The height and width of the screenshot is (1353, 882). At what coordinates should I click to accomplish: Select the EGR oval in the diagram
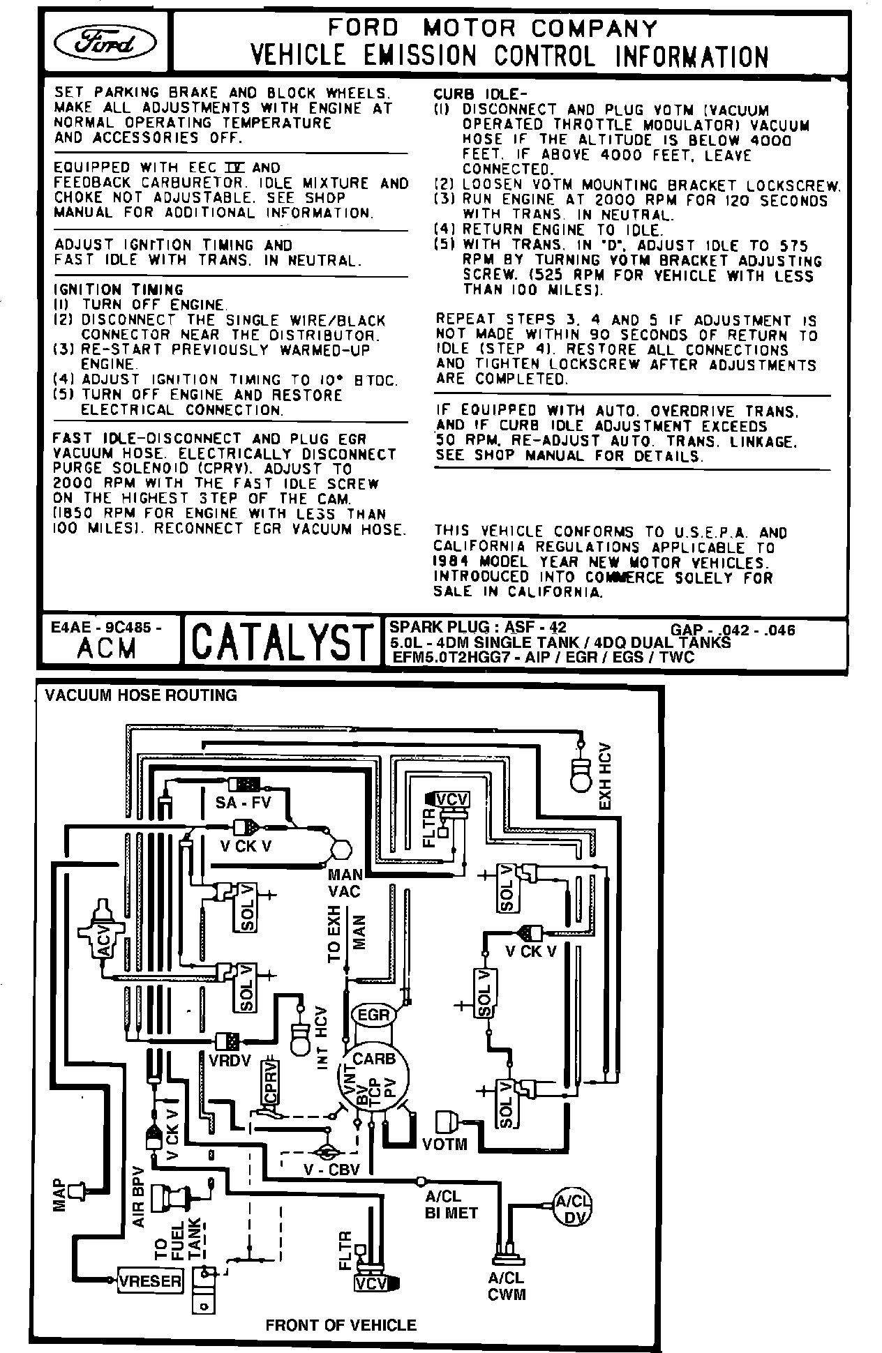[x=373, y=1014]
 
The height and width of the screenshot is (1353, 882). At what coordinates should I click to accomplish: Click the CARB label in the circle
[x=374, y=1058]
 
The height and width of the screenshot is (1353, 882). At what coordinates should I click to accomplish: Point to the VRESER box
[x=150, y=1280]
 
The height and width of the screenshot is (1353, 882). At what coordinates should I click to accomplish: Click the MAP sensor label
[x=61, y=1195]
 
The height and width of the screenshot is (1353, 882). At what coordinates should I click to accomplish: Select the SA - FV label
[x=242, y=803]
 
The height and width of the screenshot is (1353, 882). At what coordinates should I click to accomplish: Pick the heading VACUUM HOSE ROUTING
[x=141, y=695]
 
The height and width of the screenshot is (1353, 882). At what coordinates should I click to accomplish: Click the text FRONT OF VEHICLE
[x=341, y=1325]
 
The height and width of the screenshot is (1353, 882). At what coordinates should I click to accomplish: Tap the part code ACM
[x=107, y=649]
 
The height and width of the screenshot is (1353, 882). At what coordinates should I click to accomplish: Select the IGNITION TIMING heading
[x=119, y=289]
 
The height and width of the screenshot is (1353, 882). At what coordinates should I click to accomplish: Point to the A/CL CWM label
[x=507, y=1287]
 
